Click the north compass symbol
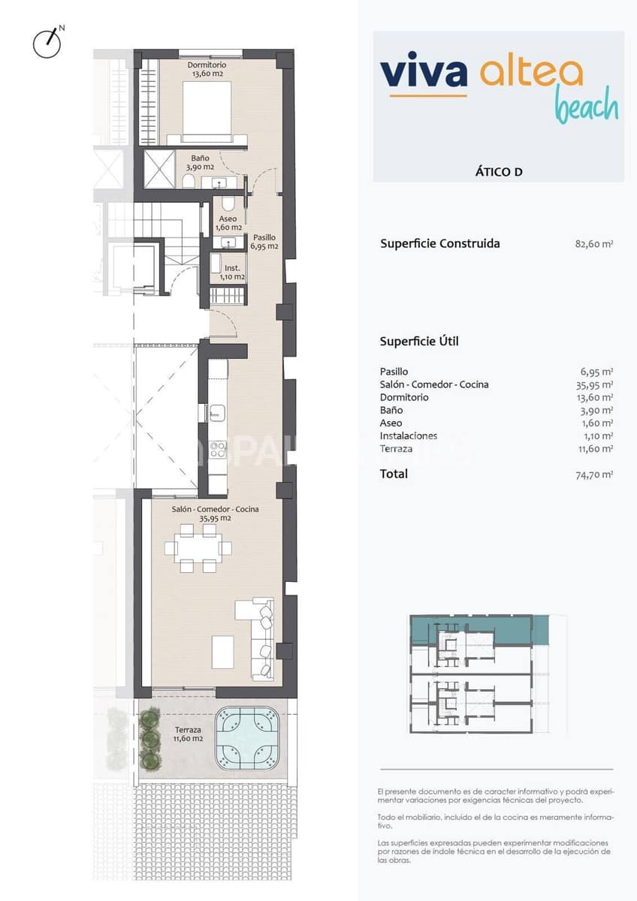(x=47, y=43)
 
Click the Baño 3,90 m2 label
(x=200, y=162)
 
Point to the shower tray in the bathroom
(x=158, y=170)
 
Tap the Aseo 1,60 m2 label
(x=228, y=223)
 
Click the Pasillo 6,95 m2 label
(x=264, y=241)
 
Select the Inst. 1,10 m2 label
(x=232, y=272)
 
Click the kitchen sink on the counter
(x=218, y=411)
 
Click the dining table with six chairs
(x=199, y=548)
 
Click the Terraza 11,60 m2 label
(x=188, y=734)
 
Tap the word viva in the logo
(x=424, y=72)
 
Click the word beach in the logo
(x=586, y=107)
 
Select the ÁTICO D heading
(x=499, y=171)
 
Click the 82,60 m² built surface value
(x=593, y=244)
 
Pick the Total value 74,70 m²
(x=593, y=474)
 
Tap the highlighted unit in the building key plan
(x=481, y=628)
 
